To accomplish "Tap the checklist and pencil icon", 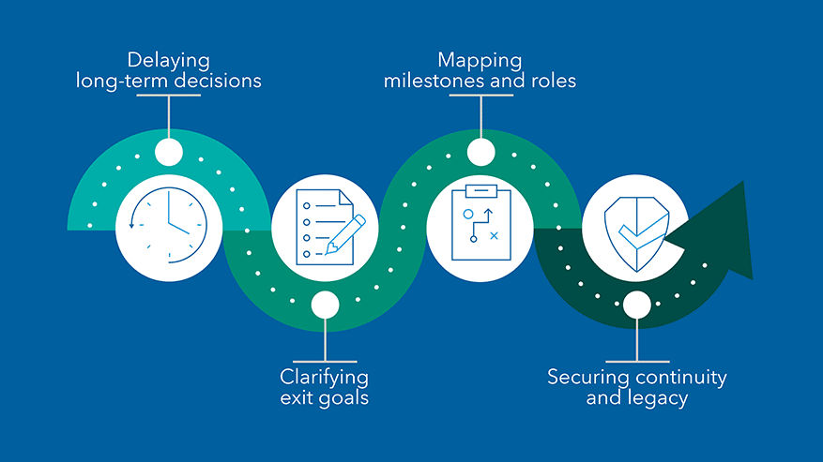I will point(325,226).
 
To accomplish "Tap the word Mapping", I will point(480,62).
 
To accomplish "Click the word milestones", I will point(437,82).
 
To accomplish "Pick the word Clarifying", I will point(325,378).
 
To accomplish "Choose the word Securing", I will point(589,378).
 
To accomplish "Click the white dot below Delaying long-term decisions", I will point(169,152).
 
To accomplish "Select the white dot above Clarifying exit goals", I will point(325,304).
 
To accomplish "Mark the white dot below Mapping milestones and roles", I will point(480,152).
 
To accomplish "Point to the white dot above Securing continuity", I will point(636,304).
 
